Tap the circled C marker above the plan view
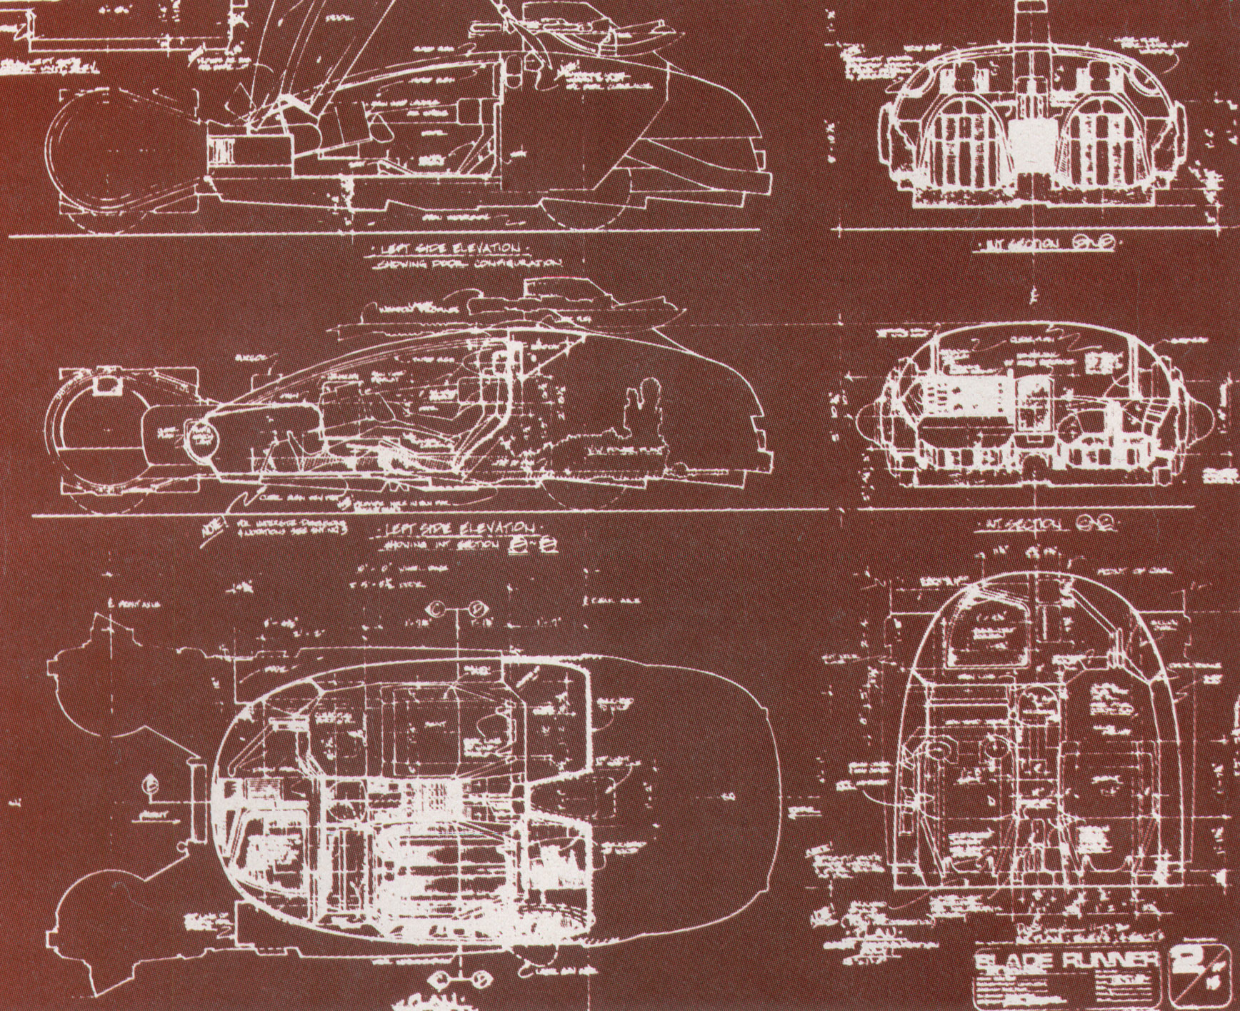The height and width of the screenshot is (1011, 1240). (x=435, y=608)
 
